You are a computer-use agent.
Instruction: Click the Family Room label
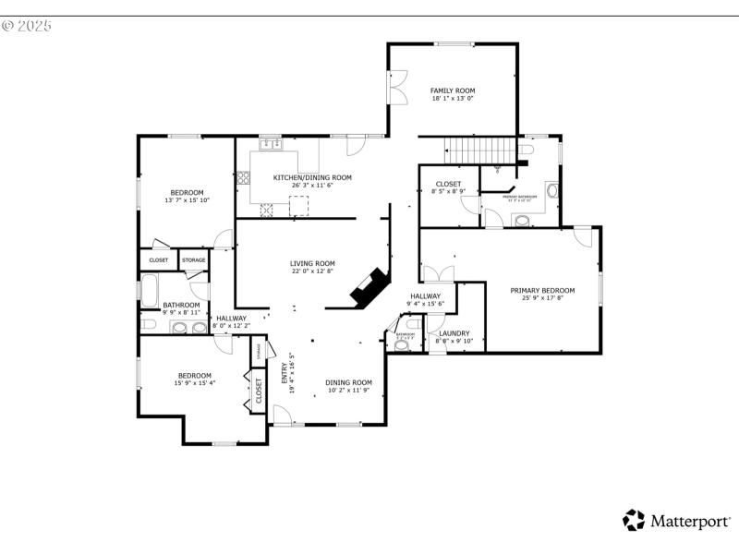pos(453,90)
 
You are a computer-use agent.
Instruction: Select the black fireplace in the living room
pos(369,288)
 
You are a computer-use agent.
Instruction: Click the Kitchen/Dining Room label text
pos(312,177)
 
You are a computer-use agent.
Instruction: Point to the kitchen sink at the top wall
pos(271,144)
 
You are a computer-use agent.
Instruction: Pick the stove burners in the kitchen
pos(268,210)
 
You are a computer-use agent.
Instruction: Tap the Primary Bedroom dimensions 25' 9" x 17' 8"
pos(542,298)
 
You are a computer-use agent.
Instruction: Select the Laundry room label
pos(454,333)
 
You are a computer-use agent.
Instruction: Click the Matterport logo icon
pos(634,520)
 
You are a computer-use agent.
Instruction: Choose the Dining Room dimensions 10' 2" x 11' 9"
pos(348,391)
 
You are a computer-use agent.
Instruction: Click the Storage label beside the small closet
pos(193,260)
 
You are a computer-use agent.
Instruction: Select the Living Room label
pos(312,263)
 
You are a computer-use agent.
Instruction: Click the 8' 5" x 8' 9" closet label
pos(448,192)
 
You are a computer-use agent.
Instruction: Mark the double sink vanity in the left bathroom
pos(185,326)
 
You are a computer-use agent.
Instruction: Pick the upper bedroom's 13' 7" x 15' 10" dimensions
pos(187,200)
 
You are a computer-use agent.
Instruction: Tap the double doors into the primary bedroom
pos(438,274)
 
